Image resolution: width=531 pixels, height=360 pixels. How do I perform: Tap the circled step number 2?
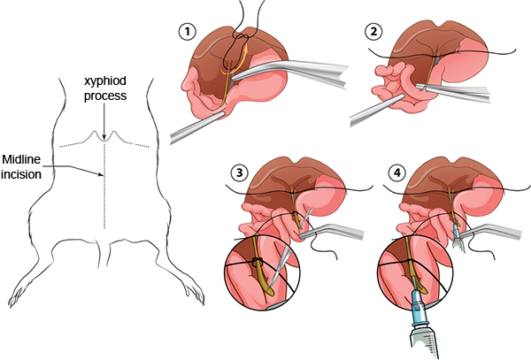[374, 32]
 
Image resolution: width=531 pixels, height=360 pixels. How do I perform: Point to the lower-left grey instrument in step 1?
[190, 129]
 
